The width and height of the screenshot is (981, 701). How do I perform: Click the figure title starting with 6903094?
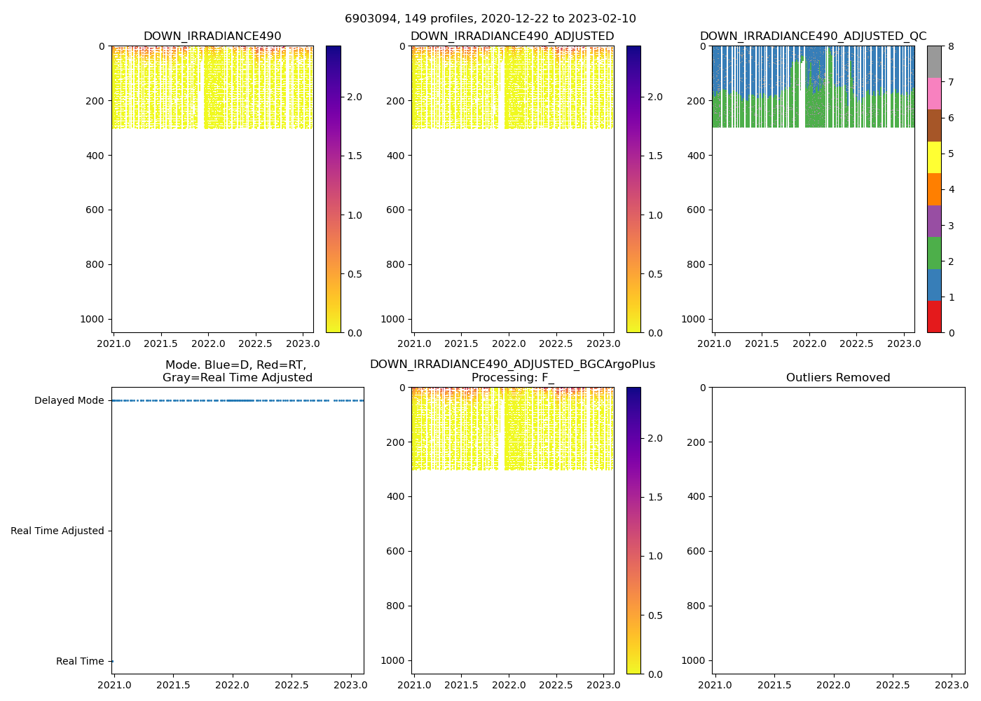tap(490, 19)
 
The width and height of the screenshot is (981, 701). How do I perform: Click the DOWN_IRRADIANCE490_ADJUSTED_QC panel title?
tap(813, 36)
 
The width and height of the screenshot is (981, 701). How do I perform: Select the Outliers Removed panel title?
tap(837, 378)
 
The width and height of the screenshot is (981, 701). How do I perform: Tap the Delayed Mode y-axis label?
tap(69, 401)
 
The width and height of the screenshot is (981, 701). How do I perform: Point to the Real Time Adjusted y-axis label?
tap(57, 531)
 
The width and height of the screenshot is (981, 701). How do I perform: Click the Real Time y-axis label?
tap(80, 662)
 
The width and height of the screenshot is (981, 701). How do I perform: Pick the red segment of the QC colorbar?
tap(934, 317)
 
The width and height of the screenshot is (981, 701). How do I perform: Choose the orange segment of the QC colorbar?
tap(934, 189)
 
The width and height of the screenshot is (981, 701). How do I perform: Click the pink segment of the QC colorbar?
tap(934, 94)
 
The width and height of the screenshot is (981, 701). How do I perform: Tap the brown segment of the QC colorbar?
tap(934, 125)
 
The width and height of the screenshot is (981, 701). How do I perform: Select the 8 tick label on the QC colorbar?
tap(951, 46)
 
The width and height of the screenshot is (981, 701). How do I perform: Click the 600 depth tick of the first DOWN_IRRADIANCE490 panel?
tap(96, 210)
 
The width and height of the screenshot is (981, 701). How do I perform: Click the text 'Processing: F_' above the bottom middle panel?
tap(512, 378)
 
